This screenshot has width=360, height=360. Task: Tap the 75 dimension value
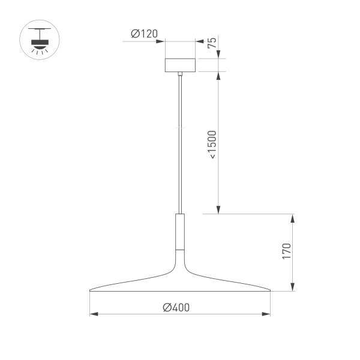point(212,43)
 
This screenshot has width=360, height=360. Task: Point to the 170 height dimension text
point(286,251)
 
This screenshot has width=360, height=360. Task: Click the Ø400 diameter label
point(176,307)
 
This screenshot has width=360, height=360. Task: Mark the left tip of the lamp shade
point(90,291)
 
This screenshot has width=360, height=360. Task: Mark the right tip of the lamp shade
point(269,291)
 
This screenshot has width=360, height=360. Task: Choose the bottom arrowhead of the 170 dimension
point(292,289)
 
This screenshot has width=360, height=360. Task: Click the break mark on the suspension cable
point(179,128)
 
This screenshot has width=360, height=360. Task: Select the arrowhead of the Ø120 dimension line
point(161,41)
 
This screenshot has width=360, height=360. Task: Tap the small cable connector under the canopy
point(179,74)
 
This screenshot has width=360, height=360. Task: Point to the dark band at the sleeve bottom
point(179,248)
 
